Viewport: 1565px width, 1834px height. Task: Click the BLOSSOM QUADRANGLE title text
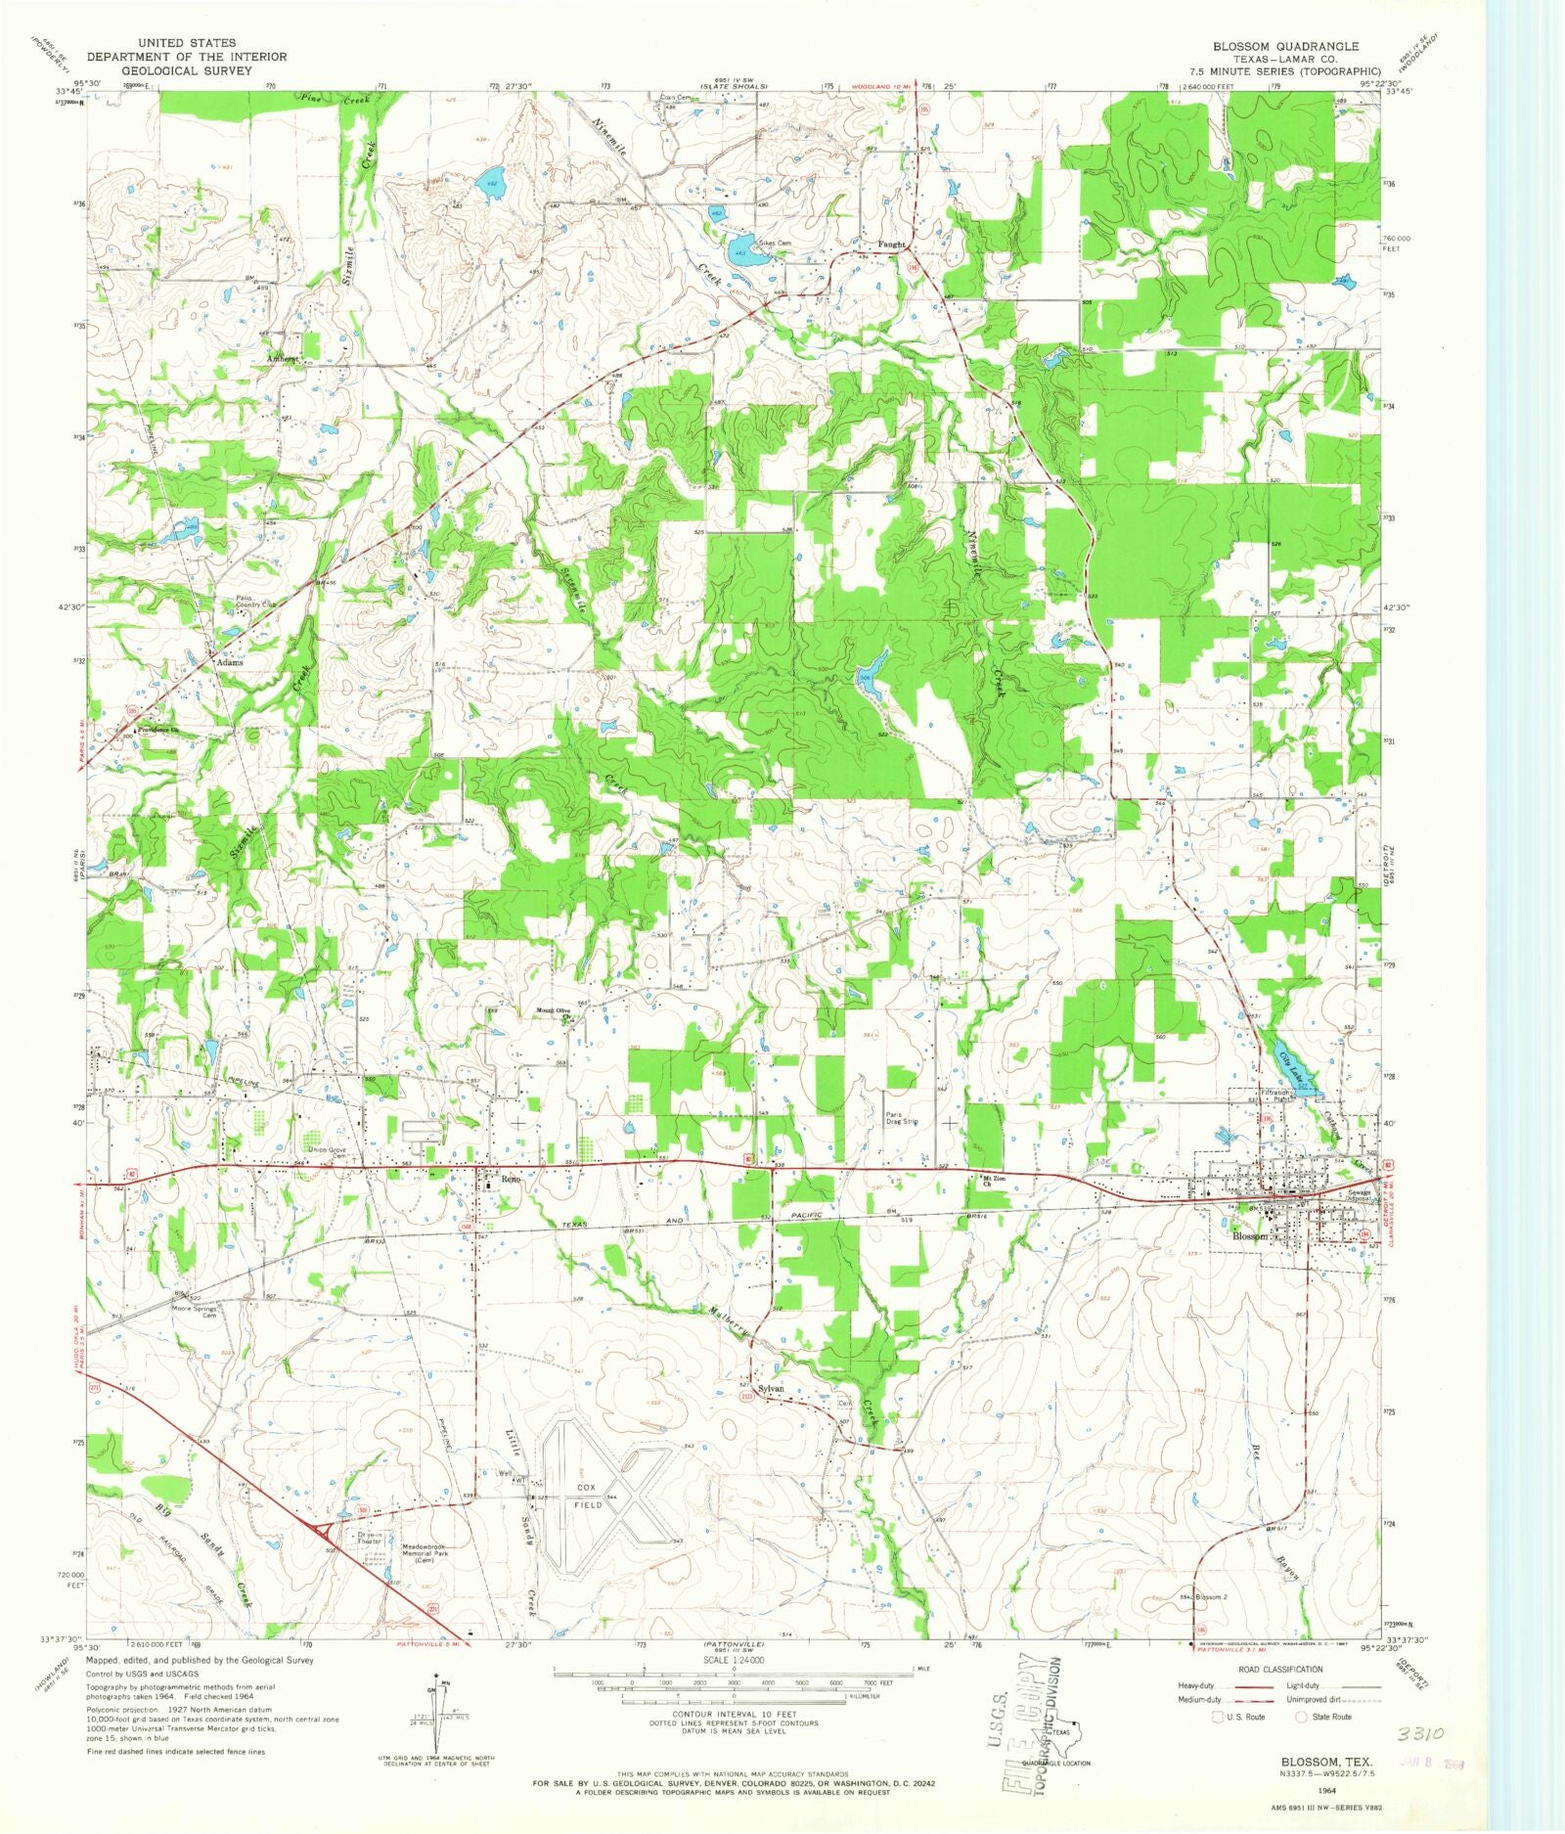1285,46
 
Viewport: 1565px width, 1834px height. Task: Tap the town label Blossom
1249,1236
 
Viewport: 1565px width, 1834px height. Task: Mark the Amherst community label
283,359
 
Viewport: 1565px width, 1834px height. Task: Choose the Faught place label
890,245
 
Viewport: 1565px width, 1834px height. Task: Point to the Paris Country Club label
256,603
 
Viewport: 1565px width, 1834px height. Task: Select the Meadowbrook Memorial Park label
410,1554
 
